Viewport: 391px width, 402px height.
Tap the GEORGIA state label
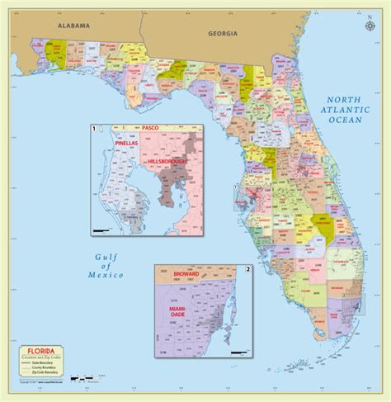coord(224,33)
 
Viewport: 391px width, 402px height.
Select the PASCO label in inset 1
coord(150,129)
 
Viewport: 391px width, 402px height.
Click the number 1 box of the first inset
coord(96,129)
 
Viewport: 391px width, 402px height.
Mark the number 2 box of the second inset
coord(247,270)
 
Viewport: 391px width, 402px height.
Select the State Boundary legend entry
coord(51,363)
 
